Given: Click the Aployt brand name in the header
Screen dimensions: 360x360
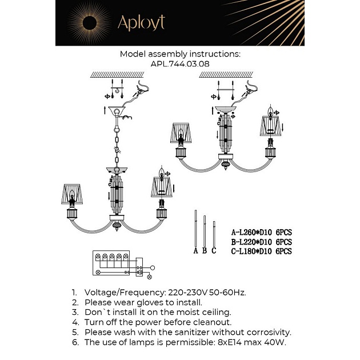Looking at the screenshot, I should (141, 22).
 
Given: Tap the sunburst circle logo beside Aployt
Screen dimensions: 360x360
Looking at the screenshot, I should (93, 23).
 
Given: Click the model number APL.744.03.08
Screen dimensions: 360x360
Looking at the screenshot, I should (180, 64).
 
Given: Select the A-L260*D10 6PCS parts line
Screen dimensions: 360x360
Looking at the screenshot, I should (261, 233).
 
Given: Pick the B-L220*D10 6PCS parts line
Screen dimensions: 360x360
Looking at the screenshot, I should (261, 242).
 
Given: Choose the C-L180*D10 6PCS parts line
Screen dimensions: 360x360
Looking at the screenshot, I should (261, 251).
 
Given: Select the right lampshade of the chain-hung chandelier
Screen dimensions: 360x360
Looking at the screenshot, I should (161, 186).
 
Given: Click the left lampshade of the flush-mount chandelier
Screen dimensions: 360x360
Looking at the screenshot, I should (181, 132).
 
